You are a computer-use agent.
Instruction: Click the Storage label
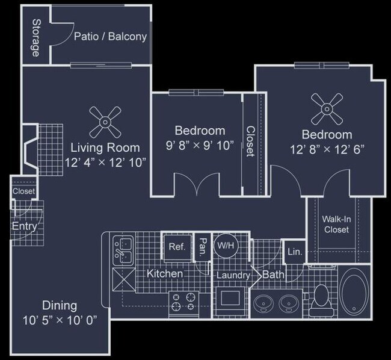[36, 38]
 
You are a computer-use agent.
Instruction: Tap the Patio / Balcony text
[110, 37]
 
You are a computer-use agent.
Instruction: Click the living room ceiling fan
[105, 122]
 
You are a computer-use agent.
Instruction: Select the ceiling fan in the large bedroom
[327, 109]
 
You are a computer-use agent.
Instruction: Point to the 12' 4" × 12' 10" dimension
[105, 163]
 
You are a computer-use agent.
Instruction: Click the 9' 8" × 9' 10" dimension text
[200, 145]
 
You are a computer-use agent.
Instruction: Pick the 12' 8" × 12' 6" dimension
[327, 150]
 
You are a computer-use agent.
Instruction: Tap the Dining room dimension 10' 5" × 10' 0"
[60, 320]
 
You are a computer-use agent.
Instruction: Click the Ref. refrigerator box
[177, 247]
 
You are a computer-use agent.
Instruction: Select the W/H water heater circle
[226, 246]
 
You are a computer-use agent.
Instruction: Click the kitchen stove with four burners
[184, 305]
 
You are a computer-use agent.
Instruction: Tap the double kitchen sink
[123, 250]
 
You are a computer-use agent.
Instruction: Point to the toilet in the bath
[321, 300]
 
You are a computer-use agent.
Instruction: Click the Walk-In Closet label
[336, 225]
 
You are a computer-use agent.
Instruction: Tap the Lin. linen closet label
[295, 252]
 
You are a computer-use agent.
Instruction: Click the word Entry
[25, 226]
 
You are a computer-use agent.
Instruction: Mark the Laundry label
[233, 275]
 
